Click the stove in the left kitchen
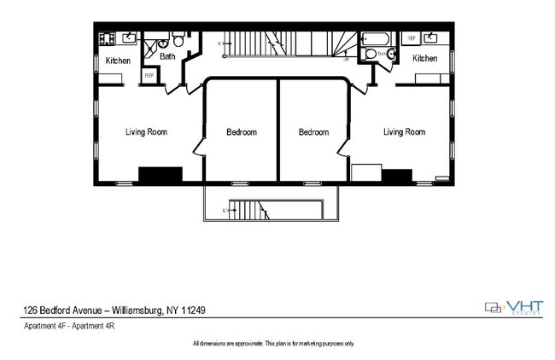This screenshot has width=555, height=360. click(108, 38)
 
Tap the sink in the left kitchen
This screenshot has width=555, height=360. click(129, 38)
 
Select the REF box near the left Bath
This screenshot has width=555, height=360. click(149, 76)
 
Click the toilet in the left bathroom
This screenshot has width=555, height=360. click(178, 40)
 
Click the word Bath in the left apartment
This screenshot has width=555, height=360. click(167, 56)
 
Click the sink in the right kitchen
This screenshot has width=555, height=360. click(432, 38)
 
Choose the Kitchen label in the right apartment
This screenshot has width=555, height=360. click(424, 59)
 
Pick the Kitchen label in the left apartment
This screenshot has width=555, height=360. click(118, 61)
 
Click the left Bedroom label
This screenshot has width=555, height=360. click(241, 132)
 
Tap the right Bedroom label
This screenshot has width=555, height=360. click(313, 132)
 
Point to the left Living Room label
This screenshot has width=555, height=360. click(146, 131)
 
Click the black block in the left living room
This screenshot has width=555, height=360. click(161, 174)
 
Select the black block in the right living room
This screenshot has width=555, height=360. click(396, 176)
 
